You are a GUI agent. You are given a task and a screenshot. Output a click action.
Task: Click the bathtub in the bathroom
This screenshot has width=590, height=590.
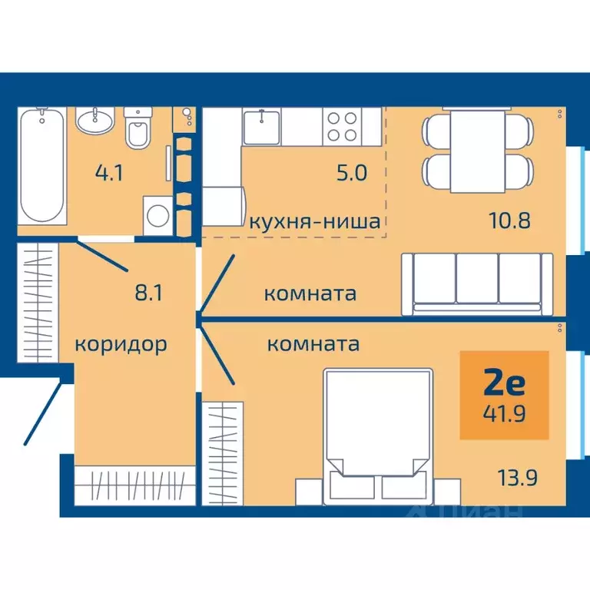pyautogui.click(x=43, y=166)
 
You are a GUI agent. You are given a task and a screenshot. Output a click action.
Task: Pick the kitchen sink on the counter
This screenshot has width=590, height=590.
pyautogui.click(x=262, y=126)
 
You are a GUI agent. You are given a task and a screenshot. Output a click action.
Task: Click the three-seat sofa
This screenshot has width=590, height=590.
pyautogui.click(x=476, y=283)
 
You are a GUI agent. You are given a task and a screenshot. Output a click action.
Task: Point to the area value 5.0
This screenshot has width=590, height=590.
pyautogui.click(x=353, y=171)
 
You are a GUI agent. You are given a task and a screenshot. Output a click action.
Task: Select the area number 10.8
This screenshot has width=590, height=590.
pyautogui.click(x=509, y=221)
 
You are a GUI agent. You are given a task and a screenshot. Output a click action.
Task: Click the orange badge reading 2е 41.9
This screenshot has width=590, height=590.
pyautogui.click(x=504, y=395)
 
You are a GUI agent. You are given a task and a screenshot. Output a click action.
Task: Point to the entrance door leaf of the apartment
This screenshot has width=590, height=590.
pyautogui.click(x=43, y=413)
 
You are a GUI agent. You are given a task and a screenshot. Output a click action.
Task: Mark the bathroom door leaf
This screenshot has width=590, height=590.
pyautogui.click(x=104, y=256)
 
